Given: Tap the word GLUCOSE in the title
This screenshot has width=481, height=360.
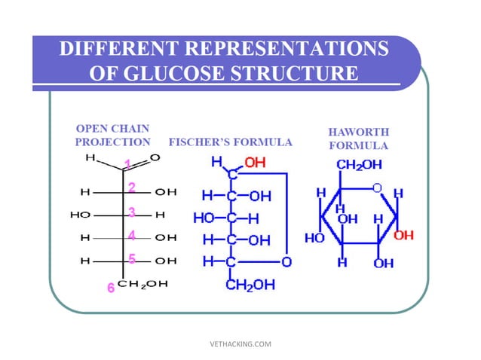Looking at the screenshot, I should pyautogui.click(x=198, y=74).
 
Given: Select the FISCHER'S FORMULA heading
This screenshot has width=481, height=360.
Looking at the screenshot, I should pyautogui.click(x=231, y=142).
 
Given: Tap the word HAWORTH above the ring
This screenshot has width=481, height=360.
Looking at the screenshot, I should pyautogui.click(x=358, y=133).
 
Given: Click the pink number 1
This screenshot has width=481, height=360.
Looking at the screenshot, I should pyautogui.click(x=127, y=163).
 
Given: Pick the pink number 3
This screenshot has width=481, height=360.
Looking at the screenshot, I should pyautogui.click(x=131, y=212).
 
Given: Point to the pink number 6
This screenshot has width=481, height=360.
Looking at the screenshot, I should pyautogui.click(x=110, y=287).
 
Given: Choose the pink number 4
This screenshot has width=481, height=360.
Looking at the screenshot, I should pyautogui.click(x=131, y=236).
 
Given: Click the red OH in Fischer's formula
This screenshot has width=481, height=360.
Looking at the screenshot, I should pyautogui.click(x=256, y=162).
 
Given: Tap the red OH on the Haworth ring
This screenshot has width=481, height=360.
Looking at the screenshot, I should pyautogui.click(x=404, y=236).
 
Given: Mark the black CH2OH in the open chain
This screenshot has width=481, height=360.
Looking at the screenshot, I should pyautogui.click(x=147, y=283).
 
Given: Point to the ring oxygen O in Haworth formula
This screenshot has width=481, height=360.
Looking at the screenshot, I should pyautogui.click(x=377, y=187).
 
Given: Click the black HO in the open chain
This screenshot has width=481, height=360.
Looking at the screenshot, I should pyautogui.click(x=80, y=215).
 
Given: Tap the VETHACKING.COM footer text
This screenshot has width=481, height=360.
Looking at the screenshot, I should pyautogui.click(x=240, y=344).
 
